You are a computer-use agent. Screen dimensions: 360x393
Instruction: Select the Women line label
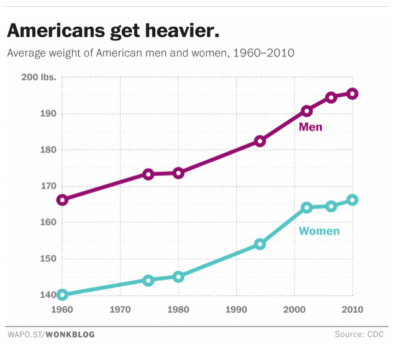[x=319, y=232]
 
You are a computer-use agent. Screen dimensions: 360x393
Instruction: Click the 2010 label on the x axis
[x=352, y=308]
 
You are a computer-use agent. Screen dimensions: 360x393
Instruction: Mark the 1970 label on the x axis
[x=120, y=308]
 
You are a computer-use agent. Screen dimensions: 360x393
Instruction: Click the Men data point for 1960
[x=63, y=200]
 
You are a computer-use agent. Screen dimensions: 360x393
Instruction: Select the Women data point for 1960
[x=63, y=295]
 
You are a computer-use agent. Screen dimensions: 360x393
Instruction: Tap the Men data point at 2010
[x=352, y=94]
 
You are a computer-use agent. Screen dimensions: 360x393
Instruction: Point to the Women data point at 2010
[x=352, y=200]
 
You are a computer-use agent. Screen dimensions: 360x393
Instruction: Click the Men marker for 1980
[x=179, y=173]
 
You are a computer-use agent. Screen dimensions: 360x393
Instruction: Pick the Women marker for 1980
[x=179, y=277]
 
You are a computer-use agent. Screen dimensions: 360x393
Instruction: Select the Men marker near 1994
[x=260, y=141]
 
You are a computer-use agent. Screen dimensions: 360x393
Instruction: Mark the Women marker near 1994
[x=260, y=244]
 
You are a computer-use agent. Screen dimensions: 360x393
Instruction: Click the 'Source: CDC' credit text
[x=361, y=335]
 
